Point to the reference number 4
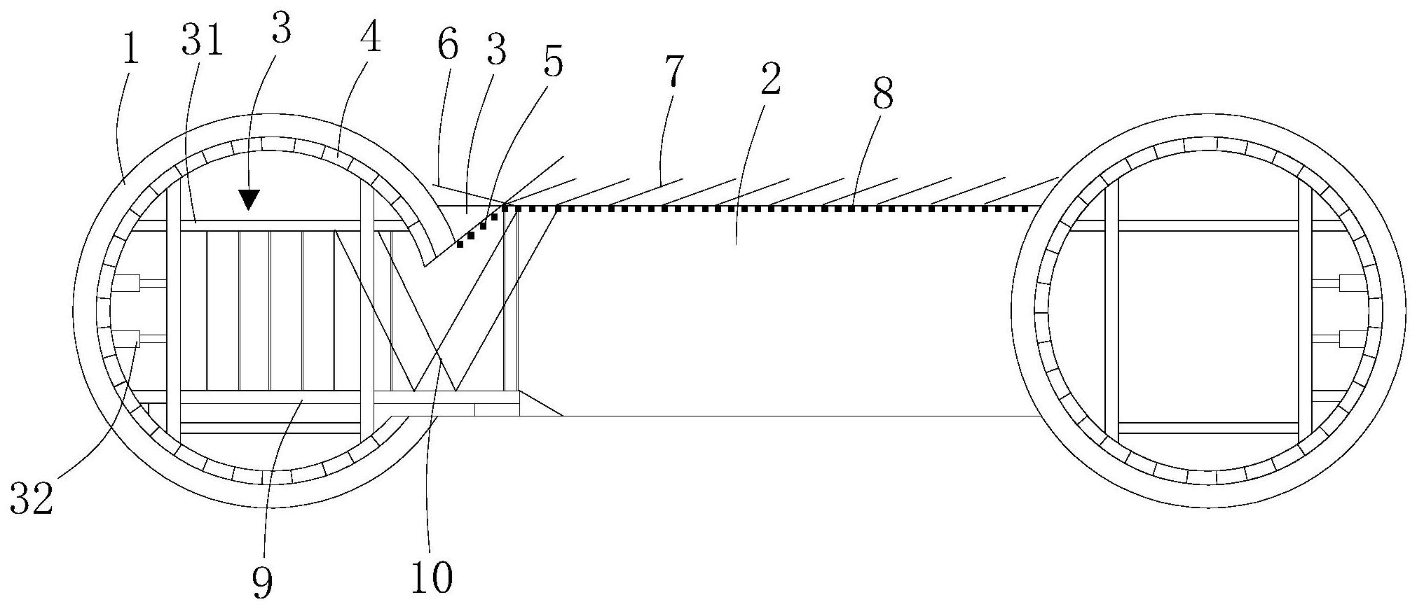(370, 36)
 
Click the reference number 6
(446, 45)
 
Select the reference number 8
(882, 92)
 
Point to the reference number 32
(32, 499)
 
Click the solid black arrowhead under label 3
(248, 200)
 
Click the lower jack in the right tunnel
(1349, 339)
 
